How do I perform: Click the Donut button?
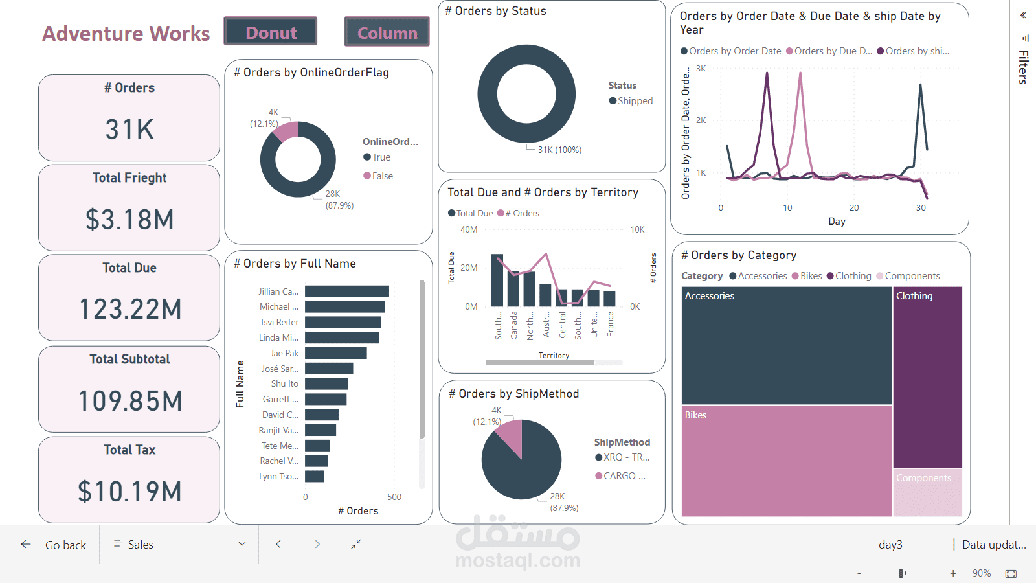[x=271, y=32]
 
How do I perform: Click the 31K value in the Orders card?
[x=129, y=130]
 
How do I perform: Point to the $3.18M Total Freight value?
[x=129, y=220]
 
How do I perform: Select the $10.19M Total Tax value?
[x=129, y=492]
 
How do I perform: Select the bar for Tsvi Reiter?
[x=343, y=322]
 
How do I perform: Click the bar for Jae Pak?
[x=335, y=353]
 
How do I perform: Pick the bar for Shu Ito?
[x=326, y=383]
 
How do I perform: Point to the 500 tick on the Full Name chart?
[x=394, y=497]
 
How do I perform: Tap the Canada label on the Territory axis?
[x=514, y=325]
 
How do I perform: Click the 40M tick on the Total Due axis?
[x=469, y=229]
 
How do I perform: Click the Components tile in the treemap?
[x=927, y=492]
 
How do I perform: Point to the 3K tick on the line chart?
[x=701, y=68]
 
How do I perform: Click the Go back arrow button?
[x=26, y=545]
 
